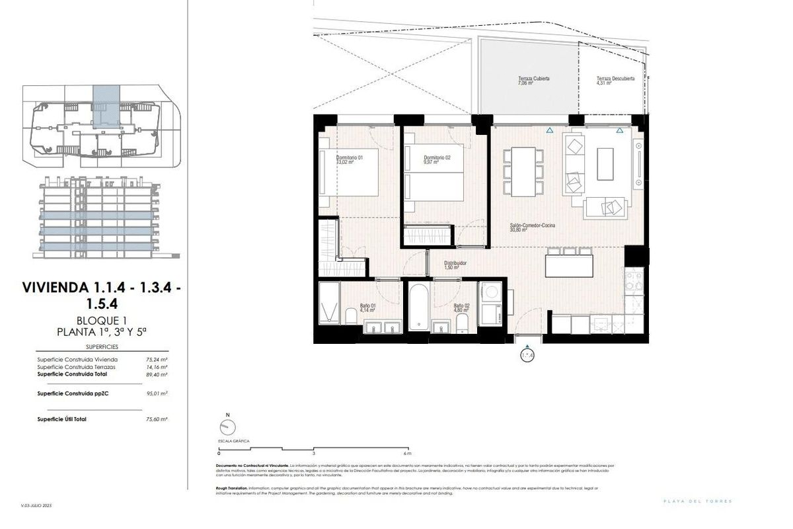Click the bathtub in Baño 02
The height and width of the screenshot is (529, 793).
(418, 307)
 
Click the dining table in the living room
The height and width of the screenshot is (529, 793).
(523, 172)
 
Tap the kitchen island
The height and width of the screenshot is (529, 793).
(568, 266)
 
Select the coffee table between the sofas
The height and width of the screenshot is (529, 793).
(606, 163)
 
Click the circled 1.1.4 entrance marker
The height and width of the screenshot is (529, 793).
(527, 356)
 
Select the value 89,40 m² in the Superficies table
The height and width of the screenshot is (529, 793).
(156, 374)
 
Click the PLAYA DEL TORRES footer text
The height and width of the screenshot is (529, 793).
(698, 501)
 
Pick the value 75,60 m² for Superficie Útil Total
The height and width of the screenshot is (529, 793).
(156, 419)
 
